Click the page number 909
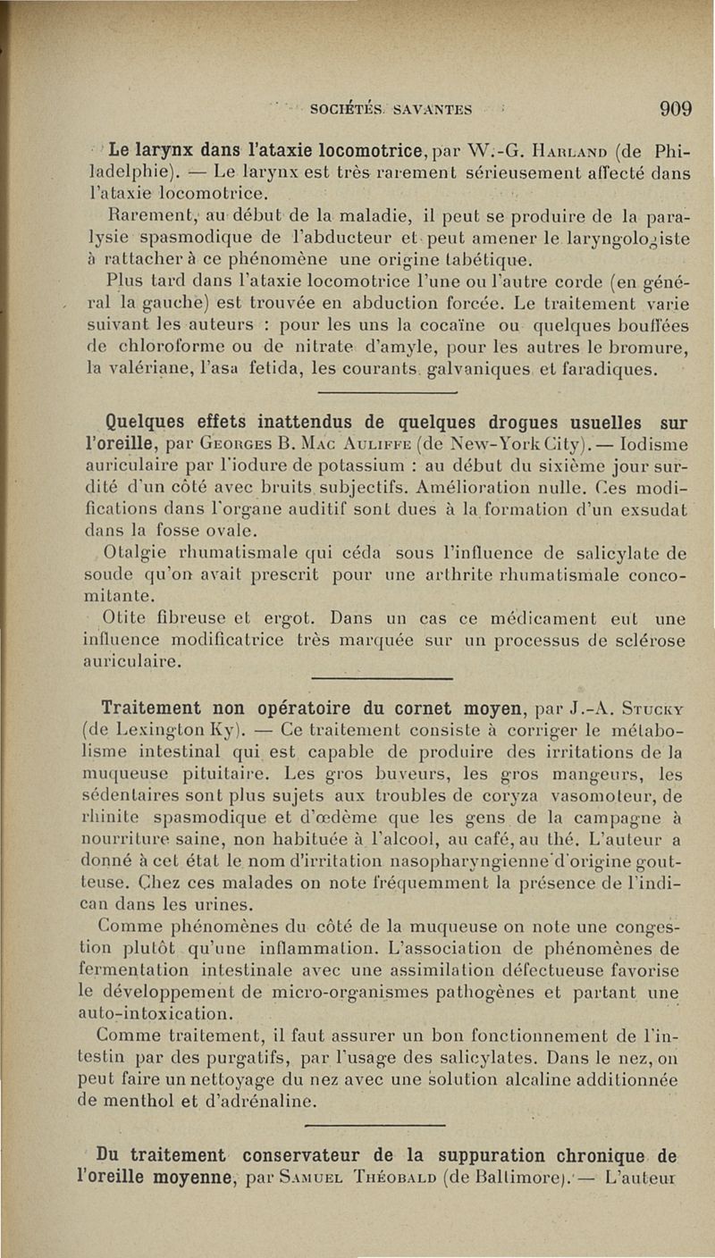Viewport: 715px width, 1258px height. (x=676, y=109)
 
